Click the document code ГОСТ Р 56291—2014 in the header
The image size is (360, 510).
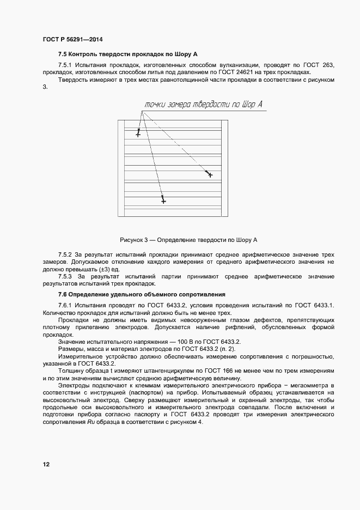72,40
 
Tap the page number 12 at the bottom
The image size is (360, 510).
46,464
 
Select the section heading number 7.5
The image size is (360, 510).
63,54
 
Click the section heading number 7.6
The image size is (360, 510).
63,294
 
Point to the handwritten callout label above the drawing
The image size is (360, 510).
204,105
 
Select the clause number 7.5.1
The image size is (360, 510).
65,65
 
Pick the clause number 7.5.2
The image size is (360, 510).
65,254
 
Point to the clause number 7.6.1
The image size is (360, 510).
65,305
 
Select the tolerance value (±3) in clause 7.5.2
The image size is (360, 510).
103,269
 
